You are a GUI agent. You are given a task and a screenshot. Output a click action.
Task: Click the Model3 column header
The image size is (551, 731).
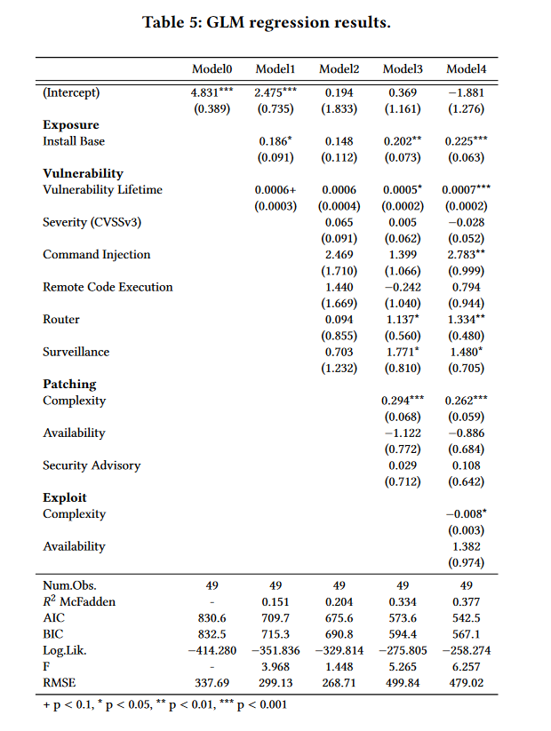click(403, 68)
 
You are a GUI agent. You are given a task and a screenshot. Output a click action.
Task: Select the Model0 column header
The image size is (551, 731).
click(212, 68)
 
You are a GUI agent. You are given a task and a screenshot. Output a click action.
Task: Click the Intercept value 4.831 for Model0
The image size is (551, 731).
click(208, 92)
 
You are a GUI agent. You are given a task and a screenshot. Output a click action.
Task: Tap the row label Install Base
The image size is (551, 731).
click(74, 141)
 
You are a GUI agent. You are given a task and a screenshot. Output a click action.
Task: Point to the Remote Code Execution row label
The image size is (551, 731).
click(108, 287)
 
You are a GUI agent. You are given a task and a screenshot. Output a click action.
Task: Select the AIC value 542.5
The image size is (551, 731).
click(466, 617)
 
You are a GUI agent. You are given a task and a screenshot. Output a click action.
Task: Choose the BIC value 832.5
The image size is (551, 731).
click(212, 634)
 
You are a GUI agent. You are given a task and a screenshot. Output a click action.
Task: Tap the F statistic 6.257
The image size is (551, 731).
click(466, 666)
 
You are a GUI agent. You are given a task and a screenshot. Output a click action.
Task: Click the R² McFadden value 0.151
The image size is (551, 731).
click(275, 601)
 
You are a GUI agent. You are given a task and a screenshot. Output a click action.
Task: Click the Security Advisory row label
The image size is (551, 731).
click(92, 465)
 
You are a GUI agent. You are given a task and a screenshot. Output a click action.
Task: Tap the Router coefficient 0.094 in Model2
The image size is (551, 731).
click(339, 320)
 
